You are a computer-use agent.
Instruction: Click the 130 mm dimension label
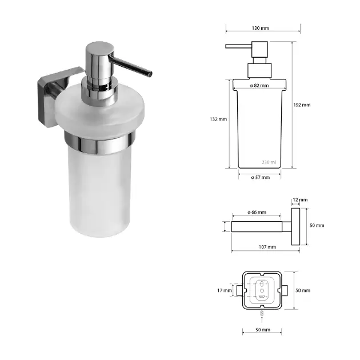[x=261, y=28]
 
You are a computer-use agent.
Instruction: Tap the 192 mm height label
[x=302, y=105]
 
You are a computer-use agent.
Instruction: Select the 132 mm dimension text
[x=218, y=119]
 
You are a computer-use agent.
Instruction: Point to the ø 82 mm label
[x=259, y=85]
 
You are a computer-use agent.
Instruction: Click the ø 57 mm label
[x=261, y=177]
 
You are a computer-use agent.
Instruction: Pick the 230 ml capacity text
[x=269, y=162]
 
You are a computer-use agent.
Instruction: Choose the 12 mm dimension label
[x=300, y=200]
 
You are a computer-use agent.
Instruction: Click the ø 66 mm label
[x=257, y=213]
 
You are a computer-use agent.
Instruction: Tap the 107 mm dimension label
[x=267, y=247]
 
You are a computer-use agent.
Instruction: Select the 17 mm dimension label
[x=225, y=290]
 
